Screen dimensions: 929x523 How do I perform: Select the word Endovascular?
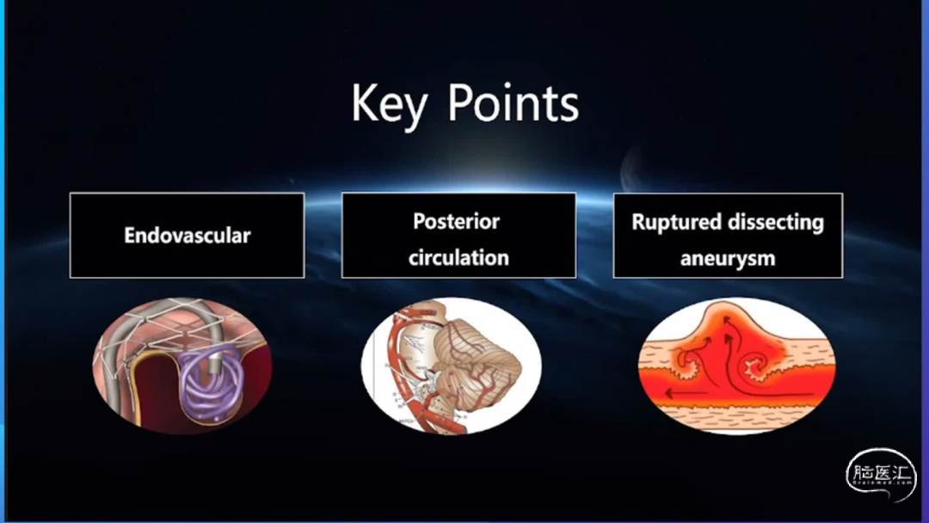[188, 235]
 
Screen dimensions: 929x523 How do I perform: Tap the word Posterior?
[456, 222]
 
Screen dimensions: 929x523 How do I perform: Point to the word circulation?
[458, 258]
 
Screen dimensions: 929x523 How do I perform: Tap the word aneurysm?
[728, 259]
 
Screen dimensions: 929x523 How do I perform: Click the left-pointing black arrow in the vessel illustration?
[686, 393]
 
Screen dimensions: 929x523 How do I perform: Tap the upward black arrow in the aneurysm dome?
[729, 355]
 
